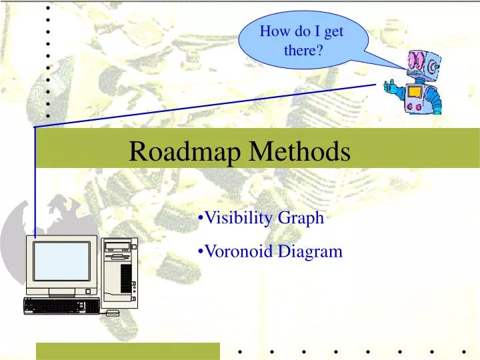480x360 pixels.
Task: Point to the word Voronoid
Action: pos(235,252)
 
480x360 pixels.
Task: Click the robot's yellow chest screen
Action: pos(415,91)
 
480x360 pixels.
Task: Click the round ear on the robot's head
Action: pos(436,67)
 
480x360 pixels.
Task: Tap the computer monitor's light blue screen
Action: pos(62,261)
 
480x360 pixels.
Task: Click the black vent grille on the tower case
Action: pos(126,277)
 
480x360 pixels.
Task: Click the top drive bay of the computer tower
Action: pos(118,246)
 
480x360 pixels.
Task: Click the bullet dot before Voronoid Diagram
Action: pos(201,252)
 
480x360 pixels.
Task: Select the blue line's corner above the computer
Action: pos(35,127)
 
